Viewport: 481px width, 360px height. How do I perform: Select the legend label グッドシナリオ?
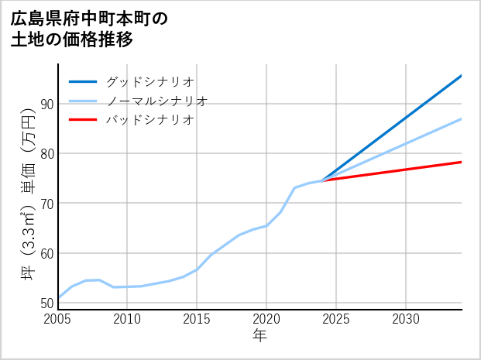click(x=149, y=81)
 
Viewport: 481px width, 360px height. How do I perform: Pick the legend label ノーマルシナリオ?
click(x=156, y=101)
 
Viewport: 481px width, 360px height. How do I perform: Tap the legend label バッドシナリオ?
click(x=149, y=120)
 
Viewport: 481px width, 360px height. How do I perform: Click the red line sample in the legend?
click(x=84, y=120)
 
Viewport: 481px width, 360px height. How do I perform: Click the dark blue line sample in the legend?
click(x=84, y=81)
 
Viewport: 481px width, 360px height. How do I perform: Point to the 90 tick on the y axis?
click(x=46, y=104)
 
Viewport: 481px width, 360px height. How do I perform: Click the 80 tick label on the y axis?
click(x=46, y=153)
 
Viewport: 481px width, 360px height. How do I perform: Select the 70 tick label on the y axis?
click(x=46, y=204)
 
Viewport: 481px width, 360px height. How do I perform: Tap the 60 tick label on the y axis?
click(x=46, y=253)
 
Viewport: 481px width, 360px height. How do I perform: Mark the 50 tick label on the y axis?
click(x=46, y=303)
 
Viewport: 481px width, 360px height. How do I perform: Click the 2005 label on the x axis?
click(x=58, y=319)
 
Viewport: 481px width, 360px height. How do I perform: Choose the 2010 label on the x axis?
click(x=127, y=319)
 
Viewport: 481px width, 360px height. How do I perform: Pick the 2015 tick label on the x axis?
click(x=197, y=319)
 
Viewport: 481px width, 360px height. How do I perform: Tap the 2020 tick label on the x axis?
click(x=266, y=319)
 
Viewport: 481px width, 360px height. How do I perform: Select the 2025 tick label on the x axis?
click(x=336, y=319)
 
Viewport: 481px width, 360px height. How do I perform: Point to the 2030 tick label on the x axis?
click(x=406, y=319)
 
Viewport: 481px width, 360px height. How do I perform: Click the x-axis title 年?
click(x=259, y=335)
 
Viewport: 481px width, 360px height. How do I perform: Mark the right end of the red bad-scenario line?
click(x=461, y=162)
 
